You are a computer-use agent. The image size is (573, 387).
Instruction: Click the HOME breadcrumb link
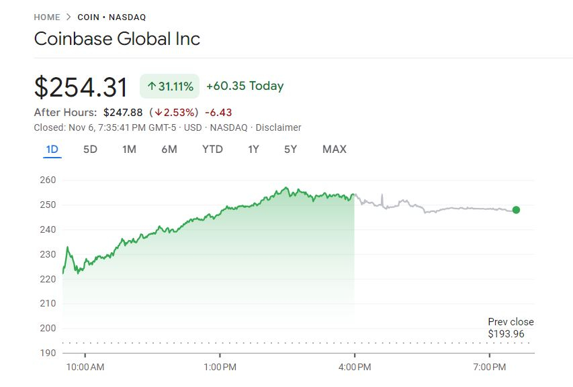pyautogui.click(x=47, y=17)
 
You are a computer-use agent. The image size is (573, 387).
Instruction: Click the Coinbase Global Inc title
pyautogui.click(x=117, y=38)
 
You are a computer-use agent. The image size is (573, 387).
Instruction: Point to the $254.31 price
pyautogui.click(x=81, y=87)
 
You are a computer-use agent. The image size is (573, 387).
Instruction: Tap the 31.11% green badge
pyautogui.click(x=169, y=86)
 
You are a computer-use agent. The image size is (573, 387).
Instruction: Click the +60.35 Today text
pyautogui.click(x=245, y=86)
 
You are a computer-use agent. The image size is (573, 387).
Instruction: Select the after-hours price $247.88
pyautogui.click(x=123, y=112)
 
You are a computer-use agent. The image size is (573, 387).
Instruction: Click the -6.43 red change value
pyautogui.click(x=218, y=112)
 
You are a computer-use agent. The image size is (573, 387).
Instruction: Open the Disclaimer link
pyautogui.click(x=279, y=127)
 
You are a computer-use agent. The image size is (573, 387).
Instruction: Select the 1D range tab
pyautogui.click(x=52, y=149)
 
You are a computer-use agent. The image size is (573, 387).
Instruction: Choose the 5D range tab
pyautogui.click(x=90, y=149)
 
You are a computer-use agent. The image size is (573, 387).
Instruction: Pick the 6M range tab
pyautogui.click(x=169, y=149)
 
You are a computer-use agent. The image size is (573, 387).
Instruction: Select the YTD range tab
pyautogui.click(x=212, y=149)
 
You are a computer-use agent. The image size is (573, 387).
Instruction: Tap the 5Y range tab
pyautogui.click(x=290, y=149)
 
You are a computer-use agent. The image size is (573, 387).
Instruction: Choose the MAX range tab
pyautogui.click(x=335, y=149)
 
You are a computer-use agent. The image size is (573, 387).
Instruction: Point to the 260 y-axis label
pyautogui.click(x=48, y=180)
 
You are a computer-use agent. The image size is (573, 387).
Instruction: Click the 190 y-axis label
pyautogui.click(x=48, y=353)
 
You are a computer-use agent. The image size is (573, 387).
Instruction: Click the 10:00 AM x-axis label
pyautogui.click(x=85, y=367)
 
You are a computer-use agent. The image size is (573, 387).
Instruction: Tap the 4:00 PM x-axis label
pyautogui.click(x=355, y=367)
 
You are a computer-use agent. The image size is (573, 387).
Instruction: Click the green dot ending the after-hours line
pyautogui.click(x=516, y=210)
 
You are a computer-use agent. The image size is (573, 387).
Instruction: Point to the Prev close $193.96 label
pyautogui.click(x=511, y=328)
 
